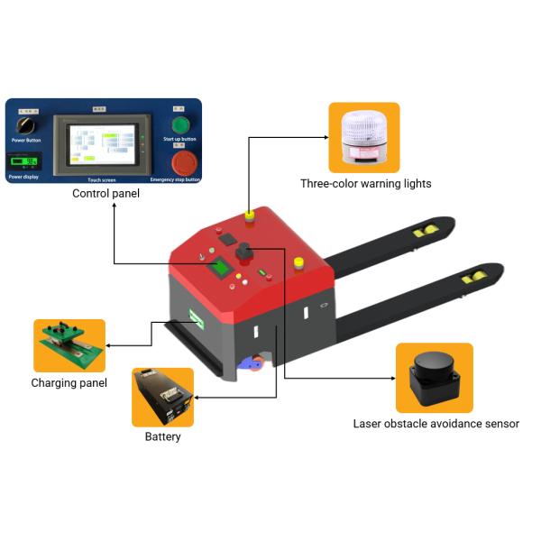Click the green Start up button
[x=180, y=124]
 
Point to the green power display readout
[x=26, y=162]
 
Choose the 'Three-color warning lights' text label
[x=365, y=184]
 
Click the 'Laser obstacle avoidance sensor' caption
[x=436, y=423]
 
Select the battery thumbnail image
[x=163, y=397]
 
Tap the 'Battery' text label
[x=163, y=437]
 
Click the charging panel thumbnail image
[x=69, y=345]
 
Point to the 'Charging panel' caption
[x=69, y=383]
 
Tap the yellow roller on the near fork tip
[x=474, y=277]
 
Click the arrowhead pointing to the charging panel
[x=109, y=344]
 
